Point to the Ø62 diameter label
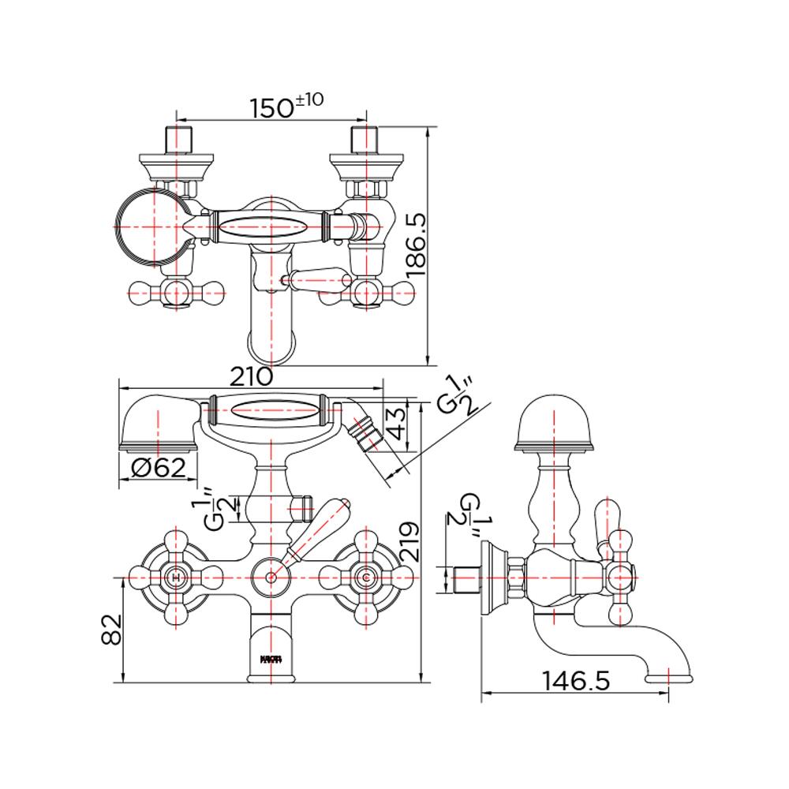tap(159, 469)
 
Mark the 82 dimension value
tap(114, 630)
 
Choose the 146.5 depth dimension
tap(576, 680)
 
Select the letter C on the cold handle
tap(365, 578)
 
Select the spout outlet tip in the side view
tap(669, 675)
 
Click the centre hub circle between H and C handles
tap(271, 578)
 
